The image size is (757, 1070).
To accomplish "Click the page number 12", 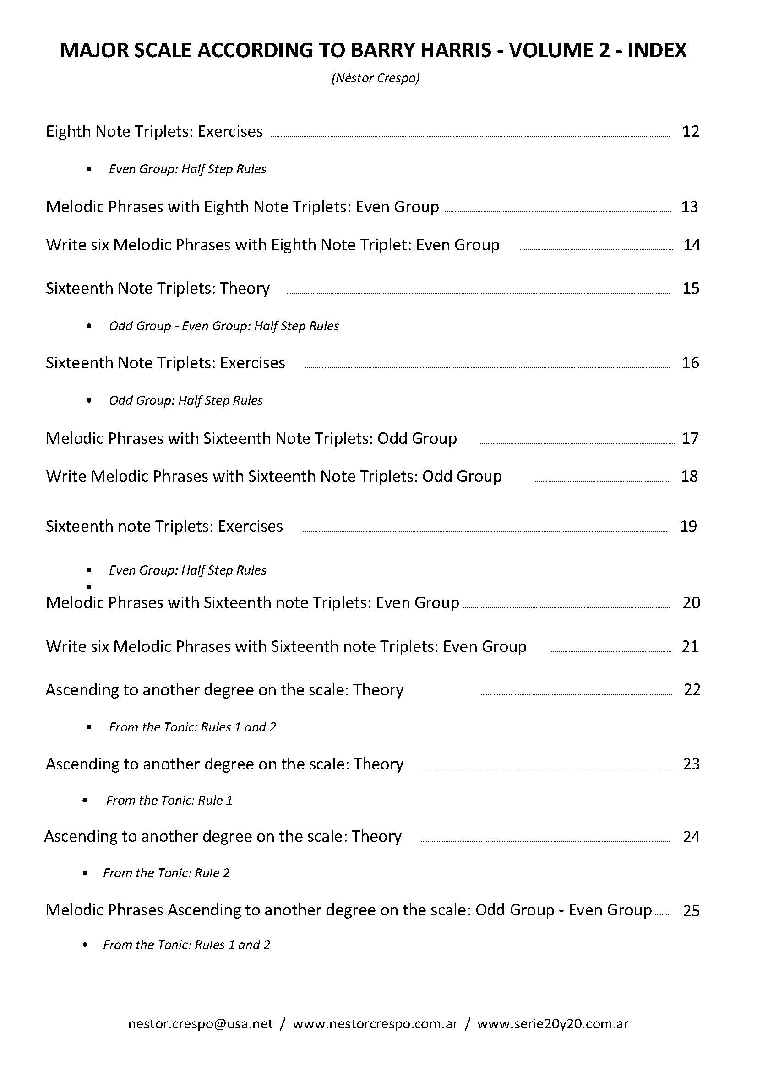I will click(x=690, y=131).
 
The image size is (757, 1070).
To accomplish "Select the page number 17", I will click(x=690, y=438).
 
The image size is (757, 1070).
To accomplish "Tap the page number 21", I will click(x=690, y=646).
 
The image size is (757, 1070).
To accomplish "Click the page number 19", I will click(x=688, y=526).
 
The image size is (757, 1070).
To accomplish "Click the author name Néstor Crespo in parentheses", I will click(x=376, y=78).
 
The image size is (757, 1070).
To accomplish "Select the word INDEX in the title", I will click(x=657, y=50).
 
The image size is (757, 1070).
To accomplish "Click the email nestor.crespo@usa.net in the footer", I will click(x=201, y=1023).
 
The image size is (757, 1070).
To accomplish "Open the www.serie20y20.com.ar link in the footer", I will click(x=553, y=1023).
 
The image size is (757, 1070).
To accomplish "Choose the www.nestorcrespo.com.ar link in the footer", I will click(x=375, y=1023).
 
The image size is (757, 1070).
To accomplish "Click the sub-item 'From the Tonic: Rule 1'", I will click(x=169, y=800).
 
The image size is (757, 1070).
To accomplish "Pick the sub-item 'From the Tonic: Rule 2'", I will click(x=167, y=873).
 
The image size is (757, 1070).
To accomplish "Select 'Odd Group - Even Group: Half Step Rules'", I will click(x=224, y=326).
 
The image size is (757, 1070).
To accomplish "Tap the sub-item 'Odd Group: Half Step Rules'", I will click(x=185, y=400).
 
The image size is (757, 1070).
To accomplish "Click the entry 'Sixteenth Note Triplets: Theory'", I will click(x=158, y=288).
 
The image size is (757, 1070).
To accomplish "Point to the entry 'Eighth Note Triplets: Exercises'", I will click(x=154, y=131).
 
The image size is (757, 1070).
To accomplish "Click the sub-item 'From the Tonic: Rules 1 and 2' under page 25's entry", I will click(x=186, y=945).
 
